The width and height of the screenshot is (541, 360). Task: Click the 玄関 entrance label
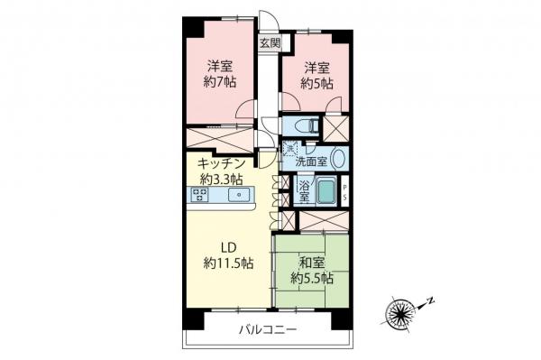[270, 42]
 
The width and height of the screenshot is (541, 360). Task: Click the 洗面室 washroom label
[312, 162]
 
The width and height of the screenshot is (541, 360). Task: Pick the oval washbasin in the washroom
[337, 159]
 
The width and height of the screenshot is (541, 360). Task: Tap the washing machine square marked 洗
[289, 148]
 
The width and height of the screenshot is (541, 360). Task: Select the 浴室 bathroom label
[304, 190]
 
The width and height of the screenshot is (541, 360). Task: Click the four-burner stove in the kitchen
[199, 195]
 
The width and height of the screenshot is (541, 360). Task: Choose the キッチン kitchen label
[222, 164]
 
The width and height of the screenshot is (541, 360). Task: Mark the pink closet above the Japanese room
[321, 219]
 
